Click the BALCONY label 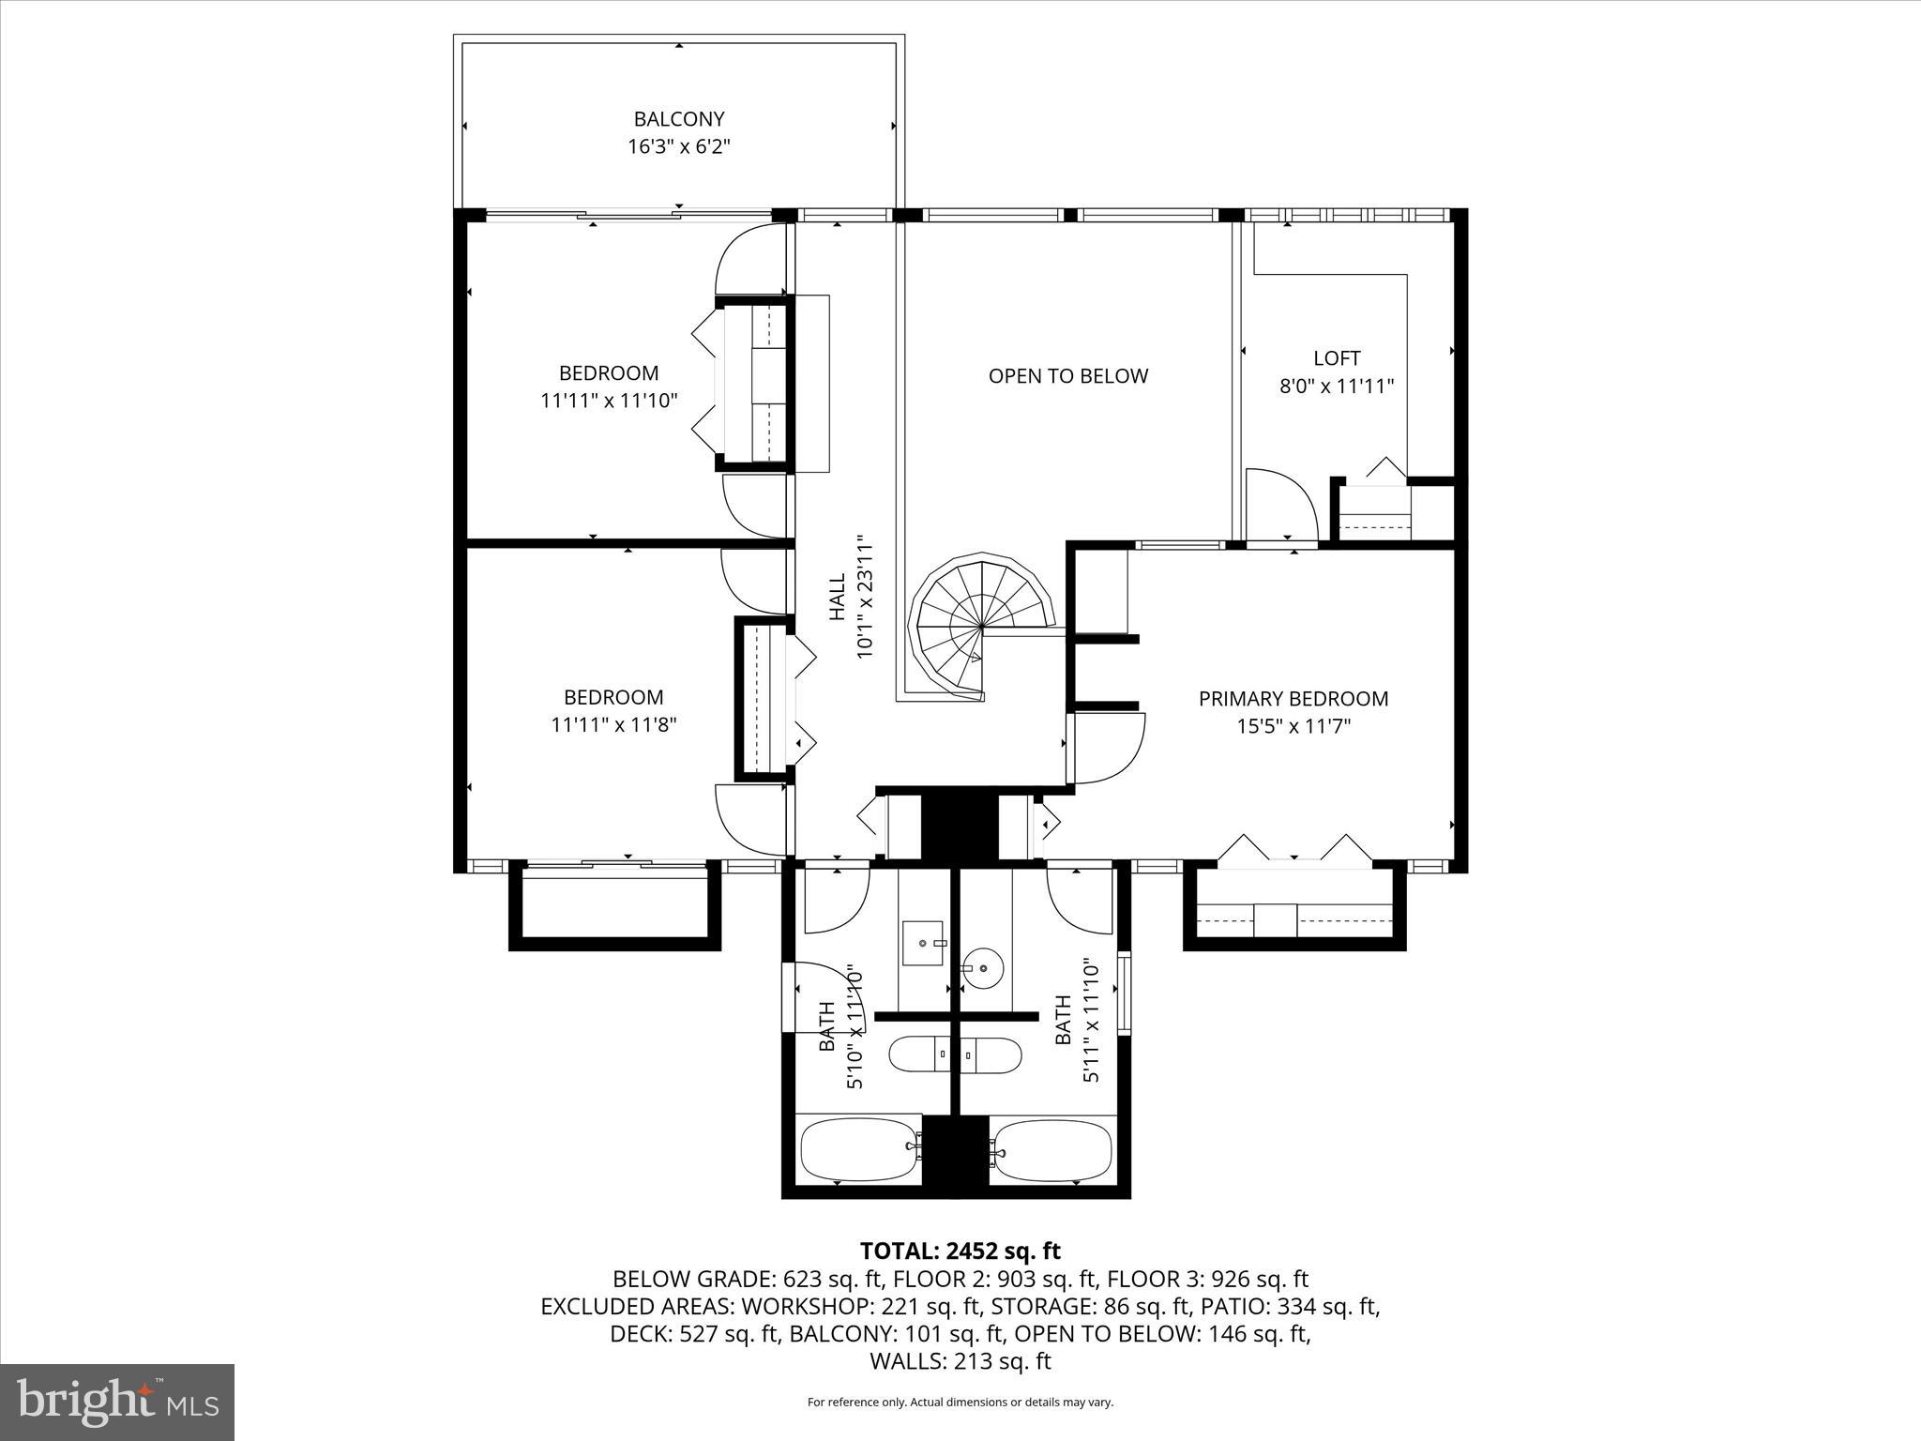(678, 119)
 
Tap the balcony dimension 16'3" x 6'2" (678, 147)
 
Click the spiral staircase (979, 624)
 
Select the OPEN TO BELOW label (1067, 376)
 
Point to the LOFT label (1336, 358)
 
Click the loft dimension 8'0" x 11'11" (1336, 386)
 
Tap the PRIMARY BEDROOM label (1293, 699)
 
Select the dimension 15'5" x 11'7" (1293, 726)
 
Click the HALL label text (838, 598)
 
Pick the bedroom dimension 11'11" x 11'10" (609, 401)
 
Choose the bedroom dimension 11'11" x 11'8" (613, 725)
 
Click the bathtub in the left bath (858, 1152)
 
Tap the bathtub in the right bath (1053, 1152)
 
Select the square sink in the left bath (922, 943)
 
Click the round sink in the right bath (982, 965)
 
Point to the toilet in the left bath (919, 1054)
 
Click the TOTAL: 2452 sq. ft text (960, 1251)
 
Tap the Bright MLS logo (117, 1402)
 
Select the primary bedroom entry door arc (1110, 749)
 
